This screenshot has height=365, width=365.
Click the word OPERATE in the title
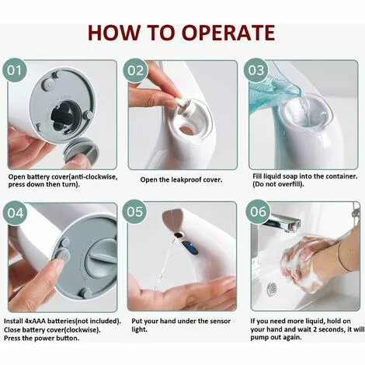(x=228, y=33)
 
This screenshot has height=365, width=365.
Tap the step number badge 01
(x=15, y=71)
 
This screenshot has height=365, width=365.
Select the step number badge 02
(x=135, y=71)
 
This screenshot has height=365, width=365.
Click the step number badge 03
(x=256, y=71)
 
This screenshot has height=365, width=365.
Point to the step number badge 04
(x=15, y=213)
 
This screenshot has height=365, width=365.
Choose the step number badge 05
(x=134, y=212)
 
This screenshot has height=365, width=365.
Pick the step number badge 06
(x=258, y=212)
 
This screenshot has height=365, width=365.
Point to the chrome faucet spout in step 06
(x=284, y=223)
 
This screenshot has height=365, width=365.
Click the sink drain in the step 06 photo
(x=273, y=287)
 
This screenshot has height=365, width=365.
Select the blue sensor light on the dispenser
(x=190, y=247)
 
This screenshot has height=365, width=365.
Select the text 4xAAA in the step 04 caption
(x=35, y=322)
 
